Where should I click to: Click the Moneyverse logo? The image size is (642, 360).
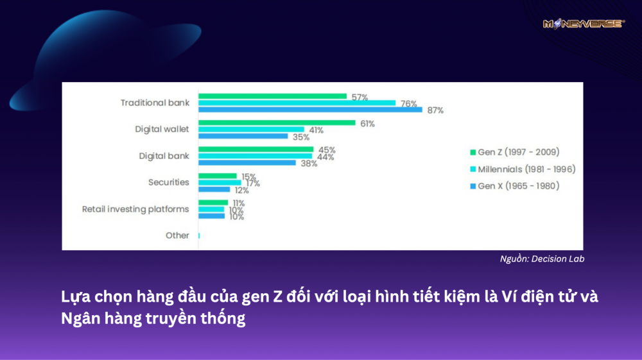tap(583, 24)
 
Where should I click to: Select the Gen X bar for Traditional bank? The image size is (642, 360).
tap(310, 110)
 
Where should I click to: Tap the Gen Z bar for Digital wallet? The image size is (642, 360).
tap(276, 123)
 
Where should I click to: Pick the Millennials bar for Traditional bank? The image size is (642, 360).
tap(297, 103)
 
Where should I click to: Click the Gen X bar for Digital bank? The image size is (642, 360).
tap(247, 162)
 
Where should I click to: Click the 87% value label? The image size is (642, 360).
tap(435, 110)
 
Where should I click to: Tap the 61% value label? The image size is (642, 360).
tap(367, 123)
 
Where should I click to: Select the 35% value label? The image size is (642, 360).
tap(300, 137)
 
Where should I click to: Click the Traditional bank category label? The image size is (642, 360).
tap(155, 103)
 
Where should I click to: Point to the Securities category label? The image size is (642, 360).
tap(168, 182)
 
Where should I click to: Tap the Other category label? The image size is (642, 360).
tap(177, 236)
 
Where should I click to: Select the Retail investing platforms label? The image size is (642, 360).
tap(135, 209)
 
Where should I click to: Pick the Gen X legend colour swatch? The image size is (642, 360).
tap(473, 186)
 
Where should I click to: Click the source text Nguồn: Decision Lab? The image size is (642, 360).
tap(542, 259)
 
